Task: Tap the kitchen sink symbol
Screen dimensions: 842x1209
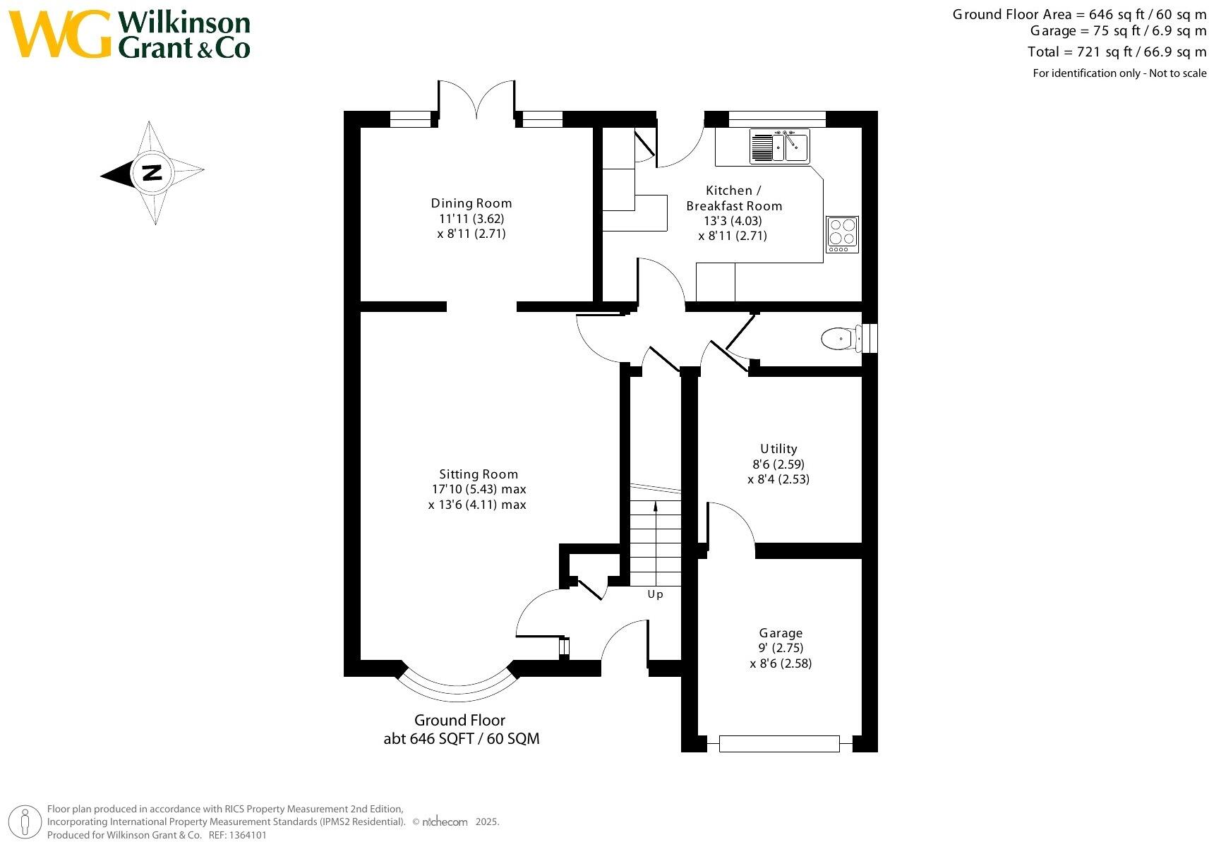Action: [x=780, y=146]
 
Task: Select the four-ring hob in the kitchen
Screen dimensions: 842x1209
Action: [x=843, y=234]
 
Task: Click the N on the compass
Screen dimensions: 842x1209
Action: [x=152, y=172]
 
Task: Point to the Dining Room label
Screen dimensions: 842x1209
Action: [x=471, y=203]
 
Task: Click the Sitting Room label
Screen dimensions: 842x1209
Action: [x=479, y=474]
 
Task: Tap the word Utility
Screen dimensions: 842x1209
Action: [x=778, y=449]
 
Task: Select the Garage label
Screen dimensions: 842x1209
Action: [x=781, y=633]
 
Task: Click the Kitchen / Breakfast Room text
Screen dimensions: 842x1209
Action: [x=734, y=198]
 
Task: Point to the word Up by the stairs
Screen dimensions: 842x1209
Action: [x=655, y=594]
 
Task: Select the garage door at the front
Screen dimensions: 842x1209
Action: [x=779, y=743]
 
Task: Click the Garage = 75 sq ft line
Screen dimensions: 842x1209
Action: [x=1118, y=31]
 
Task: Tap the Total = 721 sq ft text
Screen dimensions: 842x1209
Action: [x=1117, y=52]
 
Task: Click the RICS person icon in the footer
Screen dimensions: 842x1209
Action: [x=26, y=822]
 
